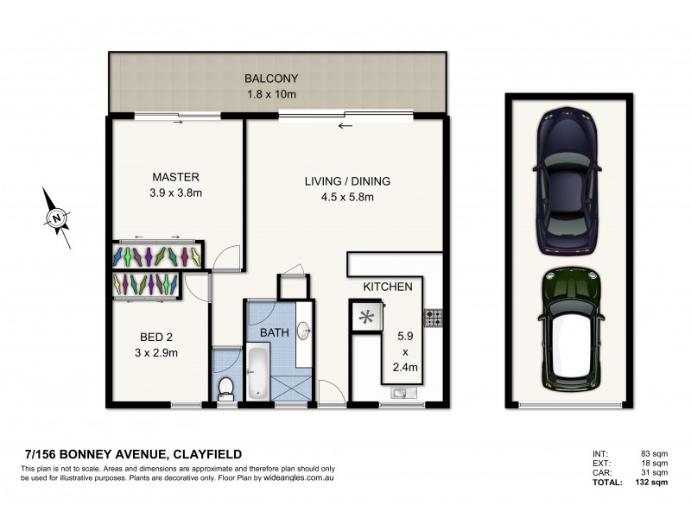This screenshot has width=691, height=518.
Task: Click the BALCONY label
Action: point(276,78)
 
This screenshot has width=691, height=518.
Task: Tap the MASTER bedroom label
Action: point(175,178)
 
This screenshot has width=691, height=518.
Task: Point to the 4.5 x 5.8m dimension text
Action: point(347,197)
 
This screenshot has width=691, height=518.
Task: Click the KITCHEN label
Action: point(387,287)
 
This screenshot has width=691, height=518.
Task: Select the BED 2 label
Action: point(157,338)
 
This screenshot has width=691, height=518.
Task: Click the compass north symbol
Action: point(56,218)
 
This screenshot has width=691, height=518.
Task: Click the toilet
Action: point(225,388)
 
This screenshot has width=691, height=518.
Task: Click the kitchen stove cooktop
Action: point(433,318)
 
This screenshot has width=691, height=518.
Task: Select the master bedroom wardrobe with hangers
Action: point(158,256)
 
